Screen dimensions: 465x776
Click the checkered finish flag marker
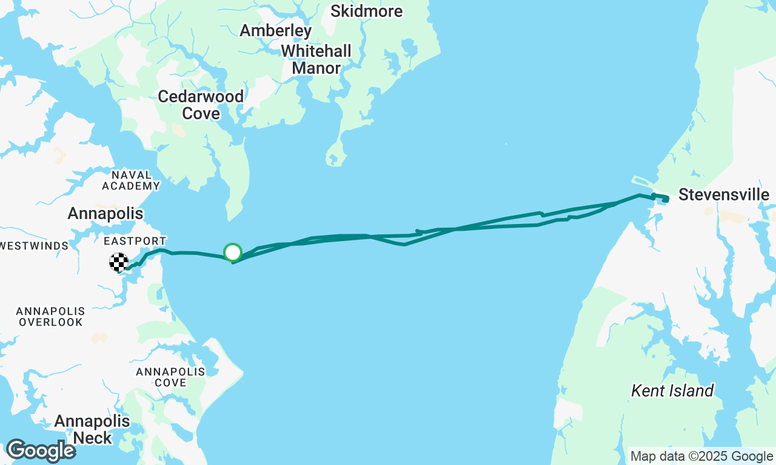pos(119,262)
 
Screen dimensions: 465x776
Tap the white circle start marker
pos(233,252)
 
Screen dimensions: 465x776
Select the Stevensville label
pos(723,195)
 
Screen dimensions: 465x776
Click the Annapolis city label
pos(105,213)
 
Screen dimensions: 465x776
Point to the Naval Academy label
pos(131,180)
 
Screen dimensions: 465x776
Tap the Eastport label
pos(135,241)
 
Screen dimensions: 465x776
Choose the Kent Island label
pos(672,391)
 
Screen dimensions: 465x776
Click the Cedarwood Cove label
pos(201,105)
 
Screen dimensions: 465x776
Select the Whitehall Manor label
pos(316,59)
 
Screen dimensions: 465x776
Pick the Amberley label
pos(276,30)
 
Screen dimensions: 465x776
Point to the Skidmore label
pos(366,11)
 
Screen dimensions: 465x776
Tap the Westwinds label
pos(34,246)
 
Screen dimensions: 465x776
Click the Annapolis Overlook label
pos(50,316)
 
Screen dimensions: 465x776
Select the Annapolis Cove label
pos(170,377)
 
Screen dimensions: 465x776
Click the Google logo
pos(40,450)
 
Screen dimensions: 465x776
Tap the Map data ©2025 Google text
pos(701,457)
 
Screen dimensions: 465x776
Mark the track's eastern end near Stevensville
pos(666,199)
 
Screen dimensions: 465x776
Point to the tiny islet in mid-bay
pos(506,143)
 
